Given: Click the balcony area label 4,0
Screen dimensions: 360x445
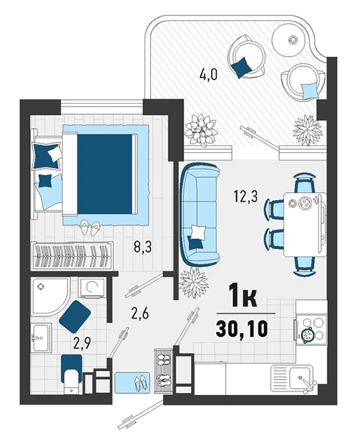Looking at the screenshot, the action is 208,75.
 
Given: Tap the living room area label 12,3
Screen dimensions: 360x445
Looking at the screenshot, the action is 245,196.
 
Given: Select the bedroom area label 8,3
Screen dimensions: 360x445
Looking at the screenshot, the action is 142,246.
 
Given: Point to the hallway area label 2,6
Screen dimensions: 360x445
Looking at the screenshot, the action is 140,314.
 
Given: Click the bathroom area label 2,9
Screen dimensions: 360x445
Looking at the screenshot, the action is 82,343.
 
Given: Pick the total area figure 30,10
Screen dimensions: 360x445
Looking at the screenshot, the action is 242,329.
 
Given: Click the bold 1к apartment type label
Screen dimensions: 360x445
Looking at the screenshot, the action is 244,297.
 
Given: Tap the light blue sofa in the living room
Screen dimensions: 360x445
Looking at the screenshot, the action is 200,213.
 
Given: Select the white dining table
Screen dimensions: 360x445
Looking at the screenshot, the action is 305,224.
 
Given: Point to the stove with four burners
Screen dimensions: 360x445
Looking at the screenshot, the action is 311,329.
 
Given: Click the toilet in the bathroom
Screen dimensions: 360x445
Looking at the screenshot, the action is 72,374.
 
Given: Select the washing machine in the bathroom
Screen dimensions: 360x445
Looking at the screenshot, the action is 92,287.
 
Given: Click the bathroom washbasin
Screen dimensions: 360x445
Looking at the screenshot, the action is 41,337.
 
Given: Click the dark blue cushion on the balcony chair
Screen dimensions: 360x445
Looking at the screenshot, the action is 241,67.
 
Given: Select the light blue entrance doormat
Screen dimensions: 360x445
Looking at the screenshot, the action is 132,382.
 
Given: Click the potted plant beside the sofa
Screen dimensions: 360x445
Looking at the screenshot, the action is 194,282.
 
